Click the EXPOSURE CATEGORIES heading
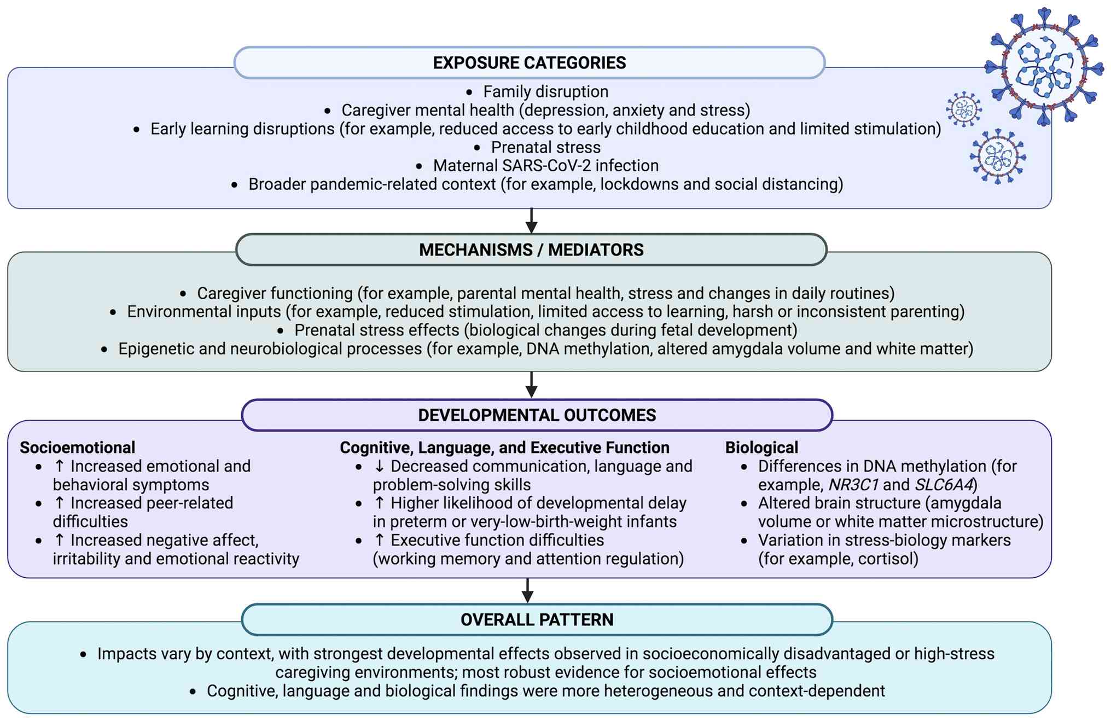click(x=529, y=63)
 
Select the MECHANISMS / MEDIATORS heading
click(x=531, y=250)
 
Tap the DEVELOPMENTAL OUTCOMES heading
click(x=537, y=415)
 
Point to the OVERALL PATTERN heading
click(x=537, y=620)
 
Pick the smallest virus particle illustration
click(x=963, y=109)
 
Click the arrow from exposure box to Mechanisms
click(x=531, y=220)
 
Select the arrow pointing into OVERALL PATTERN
click(x=527, y=590)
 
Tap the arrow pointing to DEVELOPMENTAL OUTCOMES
click(x=531, y=385)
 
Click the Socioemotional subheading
click(x=77, y=448)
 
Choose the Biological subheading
click(x=761, y=448)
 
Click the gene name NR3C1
click(x=853, y=485)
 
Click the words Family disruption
click(x=545, y=91)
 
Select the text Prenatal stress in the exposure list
click(x=545, y=147)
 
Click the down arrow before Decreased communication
click(x=380, y=466)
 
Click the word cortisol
click(x=886, y=559)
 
